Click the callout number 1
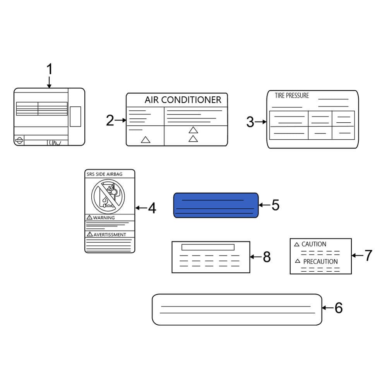[x=50, y=69]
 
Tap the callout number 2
[x=110, y=120]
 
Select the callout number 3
[x=250, y=122]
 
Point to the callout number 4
[x=152, y=208]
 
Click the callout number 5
[x=276, y=205]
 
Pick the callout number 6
[x=339, y=308]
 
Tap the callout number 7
[x=368, y=255]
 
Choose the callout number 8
[x=267, y=257]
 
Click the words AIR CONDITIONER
[x=183, y=100]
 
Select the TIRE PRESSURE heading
[x=292, y=96]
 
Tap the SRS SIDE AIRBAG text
[x=104, y=174]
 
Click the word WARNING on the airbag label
[x=104, y=217]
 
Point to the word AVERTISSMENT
[x=110, y=235]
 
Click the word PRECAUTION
[x=320, y=262]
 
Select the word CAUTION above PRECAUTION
[x=314, y=244]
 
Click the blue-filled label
[x=216, y=205]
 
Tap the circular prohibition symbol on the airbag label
[x=108, y=197]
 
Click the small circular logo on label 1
[x=19, y=140]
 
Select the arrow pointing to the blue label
[x=264, y=205]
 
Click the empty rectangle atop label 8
[x=208, y=247]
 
